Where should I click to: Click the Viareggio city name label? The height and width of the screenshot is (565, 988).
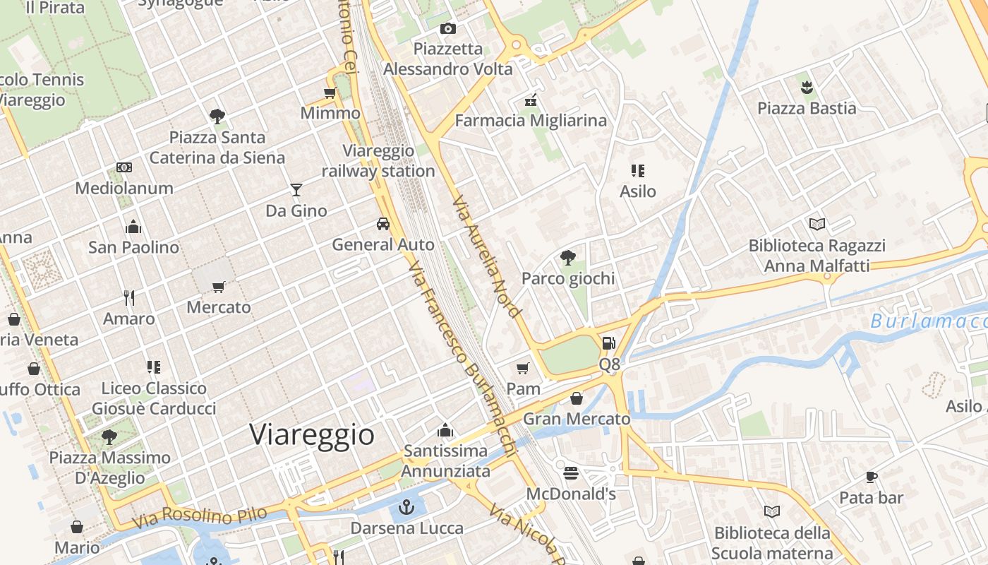point(312,434)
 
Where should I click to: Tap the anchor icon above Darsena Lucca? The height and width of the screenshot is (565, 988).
point(406,507)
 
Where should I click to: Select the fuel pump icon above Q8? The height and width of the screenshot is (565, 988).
point(608,343)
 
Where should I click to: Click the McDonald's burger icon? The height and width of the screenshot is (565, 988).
point(571,472)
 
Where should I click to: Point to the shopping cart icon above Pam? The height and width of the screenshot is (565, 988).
point(523,368)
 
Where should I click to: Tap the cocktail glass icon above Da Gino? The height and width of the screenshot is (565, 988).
point(296,190)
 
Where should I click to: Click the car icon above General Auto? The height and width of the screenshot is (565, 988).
point(383,224)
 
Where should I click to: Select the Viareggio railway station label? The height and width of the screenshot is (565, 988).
point(378,161)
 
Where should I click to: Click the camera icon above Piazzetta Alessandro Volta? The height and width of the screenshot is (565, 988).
point(448,28)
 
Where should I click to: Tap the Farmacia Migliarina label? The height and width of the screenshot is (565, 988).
point(531,121)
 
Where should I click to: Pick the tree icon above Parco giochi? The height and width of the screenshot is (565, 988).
point(567,257)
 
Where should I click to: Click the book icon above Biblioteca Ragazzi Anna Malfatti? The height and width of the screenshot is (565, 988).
point(817,224)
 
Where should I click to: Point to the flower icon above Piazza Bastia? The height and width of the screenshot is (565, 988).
point(807,88)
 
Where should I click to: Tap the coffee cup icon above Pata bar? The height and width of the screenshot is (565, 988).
point(872,477)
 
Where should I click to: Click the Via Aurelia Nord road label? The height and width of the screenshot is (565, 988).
point(486,256)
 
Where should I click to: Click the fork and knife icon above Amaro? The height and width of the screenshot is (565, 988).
point(128,297)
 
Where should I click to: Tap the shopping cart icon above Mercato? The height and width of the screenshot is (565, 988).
point(219,287)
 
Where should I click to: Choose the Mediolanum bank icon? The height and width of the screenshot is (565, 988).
point(124,167)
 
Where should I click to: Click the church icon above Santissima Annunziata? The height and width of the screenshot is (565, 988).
point(445,429)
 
